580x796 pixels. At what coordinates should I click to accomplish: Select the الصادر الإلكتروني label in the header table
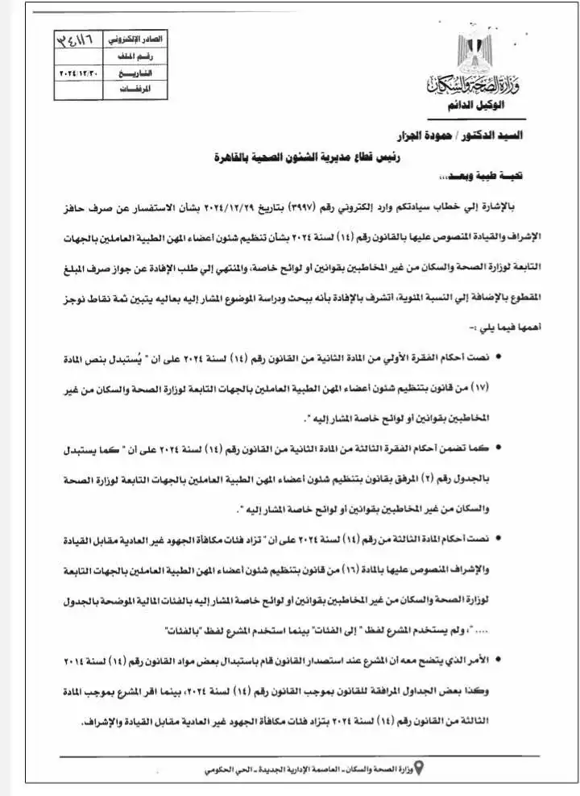coord(145,40)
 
